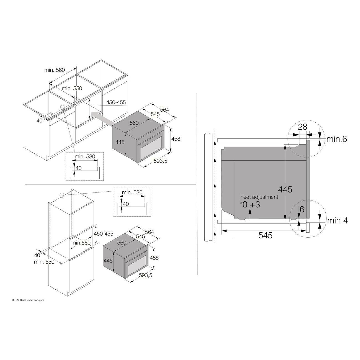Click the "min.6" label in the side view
tap(337, 139)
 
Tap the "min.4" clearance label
tap(337, 221)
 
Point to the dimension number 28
tap(302, 127)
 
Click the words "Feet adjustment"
tap(259, 197)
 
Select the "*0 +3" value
tap(250, 205)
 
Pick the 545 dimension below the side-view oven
tap(265, 235)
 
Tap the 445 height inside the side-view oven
tap(285, 189)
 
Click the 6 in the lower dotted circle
tap(302, 210)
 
